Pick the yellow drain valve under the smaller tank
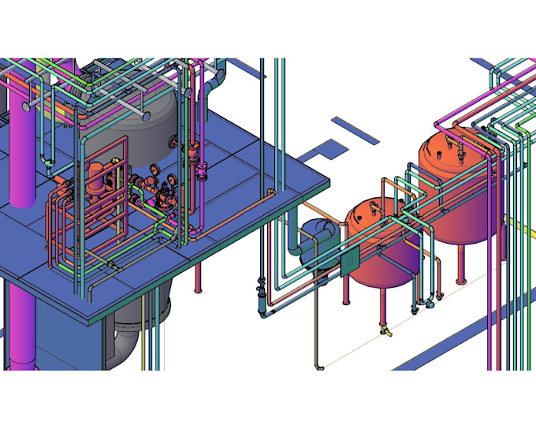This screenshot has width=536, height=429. pos(385,334)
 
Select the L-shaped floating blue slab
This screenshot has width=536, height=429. pos(323,149)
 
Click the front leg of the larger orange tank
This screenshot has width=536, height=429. pos(461,268)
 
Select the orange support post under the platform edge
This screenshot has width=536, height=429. pos(196,276)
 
